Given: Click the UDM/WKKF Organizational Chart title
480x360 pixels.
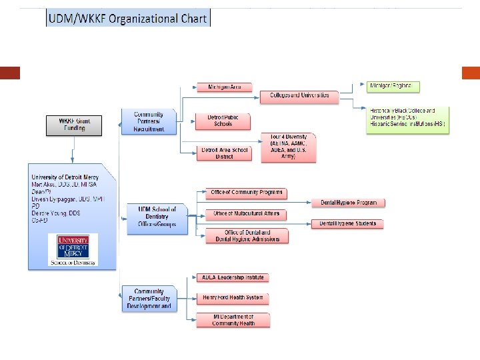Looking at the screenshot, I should [128, 18].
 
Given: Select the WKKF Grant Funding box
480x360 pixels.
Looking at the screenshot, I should [73, 125].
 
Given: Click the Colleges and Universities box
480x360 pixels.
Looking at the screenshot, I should [299, 96].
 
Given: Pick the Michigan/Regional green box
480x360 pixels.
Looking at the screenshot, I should [393, 87].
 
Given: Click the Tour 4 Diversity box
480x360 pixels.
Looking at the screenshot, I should [288, 147].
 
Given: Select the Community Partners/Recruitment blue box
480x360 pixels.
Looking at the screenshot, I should [148, 122].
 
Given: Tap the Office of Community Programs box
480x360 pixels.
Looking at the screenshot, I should [246, 193].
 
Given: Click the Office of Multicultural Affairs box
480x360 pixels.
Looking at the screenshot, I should [246, 214].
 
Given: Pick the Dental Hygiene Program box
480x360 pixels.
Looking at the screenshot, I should [348, 203].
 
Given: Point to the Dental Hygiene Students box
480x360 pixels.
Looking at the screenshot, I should [348, 224].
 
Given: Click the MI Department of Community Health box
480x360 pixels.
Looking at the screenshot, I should [233, 320].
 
